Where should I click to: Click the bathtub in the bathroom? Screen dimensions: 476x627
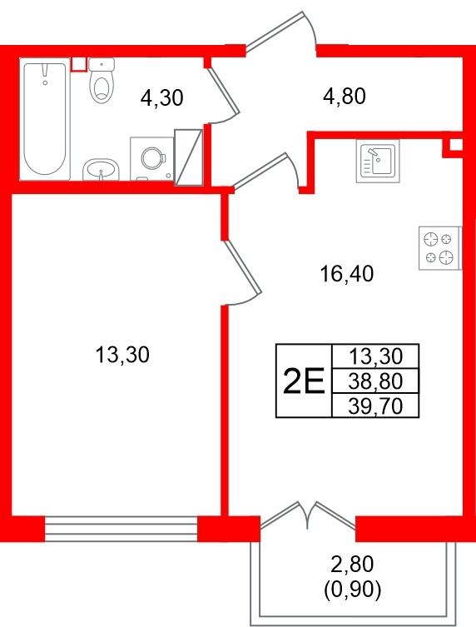coord(45,119)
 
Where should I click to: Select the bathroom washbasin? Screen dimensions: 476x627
coord(102,170)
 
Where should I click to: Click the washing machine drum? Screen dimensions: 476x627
coord(152,158)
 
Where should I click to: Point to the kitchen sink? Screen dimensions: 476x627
coord(378,162)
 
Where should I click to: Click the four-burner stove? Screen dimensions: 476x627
coord(440,248)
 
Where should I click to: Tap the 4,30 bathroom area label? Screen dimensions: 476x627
coord(162,97)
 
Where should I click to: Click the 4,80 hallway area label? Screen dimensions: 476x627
coord(345,96)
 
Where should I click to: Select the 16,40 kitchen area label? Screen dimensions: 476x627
coord(347,274)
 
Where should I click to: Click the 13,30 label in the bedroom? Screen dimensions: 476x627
coord(122,355)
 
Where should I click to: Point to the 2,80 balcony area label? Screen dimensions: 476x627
coord(352,564)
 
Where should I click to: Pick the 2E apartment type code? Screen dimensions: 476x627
coord(304,381)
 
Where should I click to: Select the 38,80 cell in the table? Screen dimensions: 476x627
coord(375,381)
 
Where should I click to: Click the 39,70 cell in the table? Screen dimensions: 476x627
coord(375,406)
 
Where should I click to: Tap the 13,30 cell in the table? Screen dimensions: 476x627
coord(375,356)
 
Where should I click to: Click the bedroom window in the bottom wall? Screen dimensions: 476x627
coord(121,528)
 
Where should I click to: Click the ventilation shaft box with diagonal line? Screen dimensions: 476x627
coord(189,157)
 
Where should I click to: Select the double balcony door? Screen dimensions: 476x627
coord(307,515)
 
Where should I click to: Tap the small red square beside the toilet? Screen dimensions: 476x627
coord(79,65)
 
